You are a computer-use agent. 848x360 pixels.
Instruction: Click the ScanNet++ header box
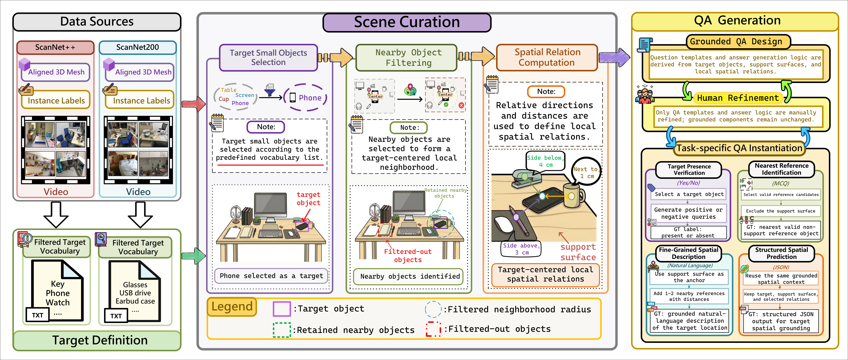[55, 47]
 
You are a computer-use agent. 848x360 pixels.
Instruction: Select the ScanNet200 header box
[138, 47]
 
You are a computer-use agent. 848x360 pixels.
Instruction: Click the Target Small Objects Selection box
[268, 58]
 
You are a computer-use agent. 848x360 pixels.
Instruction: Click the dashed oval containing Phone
[305, 98]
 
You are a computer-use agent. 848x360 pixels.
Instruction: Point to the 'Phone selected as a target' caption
[271, 276]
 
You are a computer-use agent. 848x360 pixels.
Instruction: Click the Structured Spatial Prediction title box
[781, 253]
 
